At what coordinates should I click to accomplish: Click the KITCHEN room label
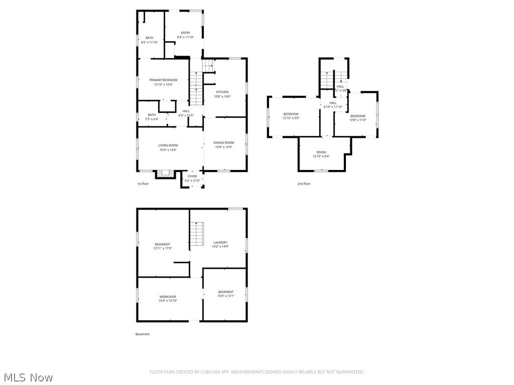click(x=222, y=92)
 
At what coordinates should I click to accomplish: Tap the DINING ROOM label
click(x=224, y=142)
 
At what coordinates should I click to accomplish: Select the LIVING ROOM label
click(x=169, y=145)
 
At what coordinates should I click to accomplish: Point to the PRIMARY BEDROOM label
click(x=163, y=80)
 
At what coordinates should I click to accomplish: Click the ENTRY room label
click(x=186, y=33)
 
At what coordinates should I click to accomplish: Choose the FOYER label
click(x=192, y=176)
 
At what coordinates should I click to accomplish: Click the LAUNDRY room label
click(x=220, y=242)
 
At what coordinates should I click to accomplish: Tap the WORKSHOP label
click(x=168, y=297)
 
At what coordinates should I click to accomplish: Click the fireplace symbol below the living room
click(x=165, y=173)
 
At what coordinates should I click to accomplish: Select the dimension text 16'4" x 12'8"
click(x=169, y=149)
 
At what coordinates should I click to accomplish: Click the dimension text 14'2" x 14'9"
click(x=220, y=247)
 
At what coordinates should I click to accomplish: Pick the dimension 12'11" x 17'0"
click(x=162, y=248)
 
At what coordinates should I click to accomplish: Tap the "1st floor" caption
click(x=143, y=184)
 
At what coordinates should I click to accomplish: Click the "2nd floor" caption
click(x=304, y=184)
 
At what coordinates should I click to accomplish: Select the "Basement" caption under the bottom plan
click(x=143, y=334)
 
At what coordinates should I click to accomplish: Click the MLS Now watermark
click(x=28, y=377)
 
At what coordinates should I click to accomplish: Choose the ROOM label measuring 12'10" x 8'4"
click(x=321, y=152)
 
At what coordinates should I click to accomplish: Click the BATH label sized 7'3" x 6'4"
click(x=152, y=115)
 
